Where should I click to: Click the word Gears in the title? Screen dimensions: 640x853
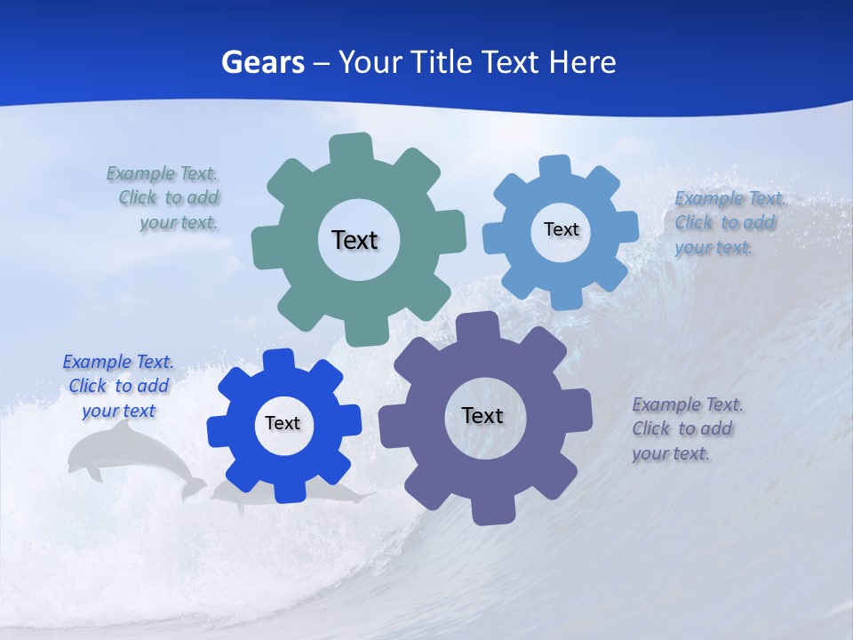262,62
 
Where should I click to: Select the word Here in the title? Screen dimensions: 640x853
582,62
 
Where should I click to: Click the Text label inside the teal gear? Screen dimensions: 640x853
355,240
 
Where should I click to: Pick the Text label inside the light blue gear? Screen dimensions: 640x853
561,229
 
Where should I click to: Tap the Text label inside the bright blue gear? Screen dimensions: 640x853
283,423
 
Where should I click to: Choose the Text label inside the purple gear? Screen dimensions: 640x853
482,415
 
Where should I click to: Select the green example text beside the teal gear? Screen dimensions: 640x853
164,197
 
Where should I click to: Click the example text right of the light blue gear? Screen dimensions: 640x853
729,222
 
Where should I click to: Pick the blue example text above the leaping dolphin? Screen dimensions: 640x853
117,386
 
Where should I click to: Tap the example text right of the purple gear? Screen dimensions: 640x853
687,428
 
